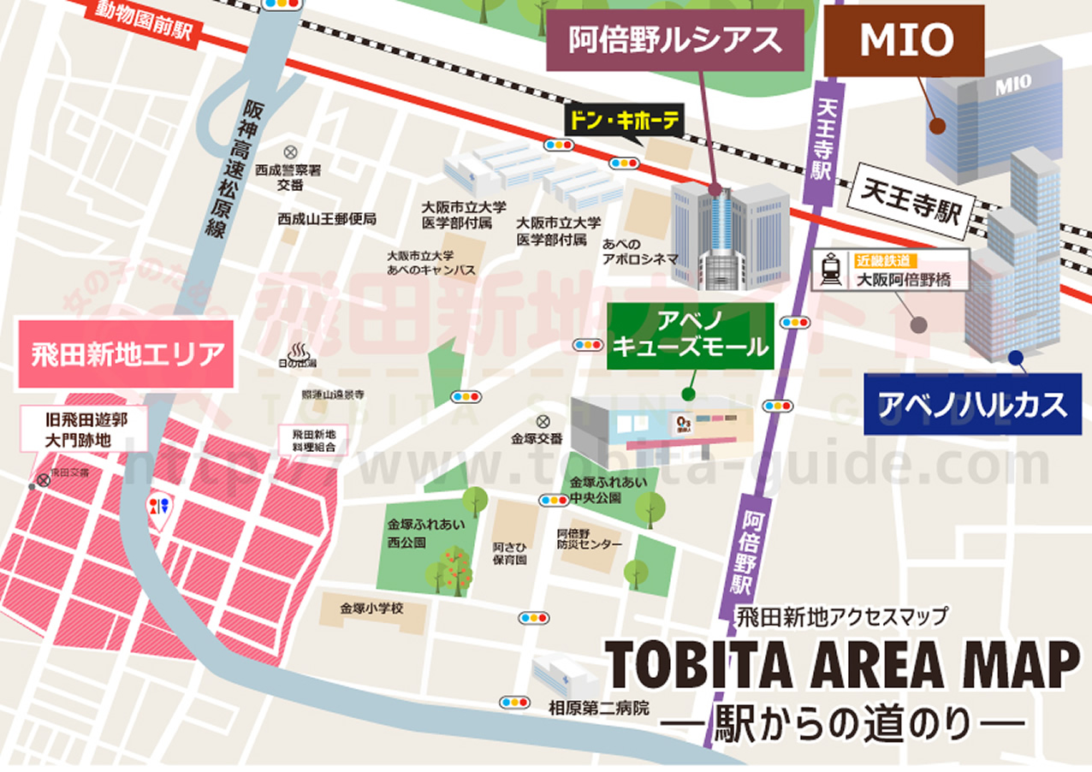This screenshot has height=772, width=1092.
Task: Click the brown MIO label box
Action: pyautogui.click(x=905, y=40)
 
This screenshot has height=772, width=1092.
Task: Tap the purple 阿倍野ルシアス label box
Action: pyautogui.click(x=675, y=41)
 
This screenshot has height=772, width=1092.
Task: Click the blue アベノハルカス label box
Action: pyautogui.click(x=972, y=404)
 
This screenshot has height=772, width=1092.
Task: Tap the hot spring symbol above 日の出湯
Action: pyautogui.click(x=300, y=351)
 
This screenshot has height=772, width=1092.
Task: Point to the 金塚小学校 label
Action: pyautogui.click(x=371, y=609)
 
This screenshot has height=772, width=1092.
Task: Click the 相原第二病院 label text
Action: pyautogui.click(x=599, y=709)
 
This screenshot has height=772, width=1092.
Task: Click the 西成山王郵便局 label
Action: pyautogui.click(x=326, y=219)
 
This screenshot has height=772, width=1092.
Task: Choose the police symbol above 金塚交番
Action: pyautogui.click(x=542, y=421)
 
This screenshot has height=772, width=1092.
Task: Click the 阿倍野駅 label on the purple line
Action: pyautogui.click(x=744, y=554)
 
